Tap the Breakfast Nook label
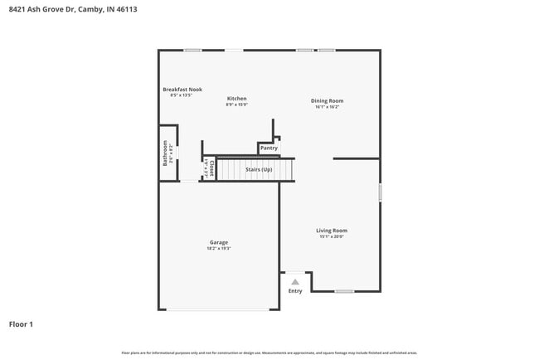coord(182,90)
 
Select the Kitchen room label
coord(237,99)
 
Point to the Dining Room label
coord(327,100)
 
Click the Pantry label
coord(269,148)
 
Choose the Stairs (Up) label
coord(259,169)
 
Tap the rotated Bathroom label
coord(165,153)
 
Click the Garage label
coord(219,242)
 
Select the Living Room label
coord(332,231)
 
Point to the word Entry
coord(295,291)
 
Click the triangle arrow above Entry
coord(294,281)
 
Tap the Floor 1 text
coord(21,324)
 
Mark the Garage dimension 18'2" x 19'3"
coord(219,248)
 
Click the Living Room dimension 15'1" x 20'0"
coord(332,236)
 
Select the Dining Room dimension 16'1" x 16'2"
coord(327,106)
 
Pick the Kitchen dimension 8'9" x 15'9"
coord(237,105)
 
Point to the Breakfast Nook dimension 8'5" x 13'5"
coord(182,95)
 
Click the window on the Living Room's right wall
coord(381,192)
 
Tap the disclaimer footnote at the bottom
coord(269,352)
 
